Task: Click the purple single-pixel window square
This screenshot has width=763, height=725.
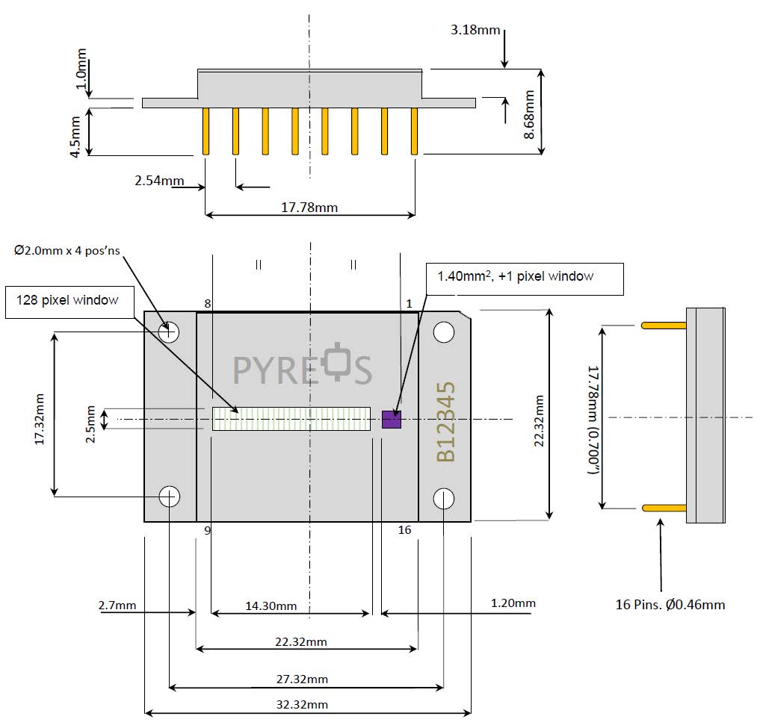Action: click(x=392, y=420)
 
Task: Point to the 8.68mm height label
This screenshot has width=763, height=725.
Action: click(x=529, y=114)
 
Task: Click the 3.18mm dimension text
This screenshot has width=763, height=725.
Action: click(x=475, y=31)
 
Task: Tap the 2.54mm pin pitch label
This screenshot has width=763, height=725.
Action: click(x=159, y=180)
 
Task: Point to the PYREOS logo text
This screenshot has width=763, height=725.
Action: click(x=303, y=367)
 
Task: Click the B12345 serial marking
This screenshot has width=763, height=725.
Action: click(x=445, y=422)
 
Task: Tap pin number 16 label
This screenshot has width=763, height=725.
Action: click(x=405, y=529)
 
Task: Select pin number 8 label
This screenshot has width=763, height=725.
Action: click(x=207, y=303)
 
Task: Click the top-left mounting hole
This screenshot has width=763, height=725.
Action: click(x=169, y=332)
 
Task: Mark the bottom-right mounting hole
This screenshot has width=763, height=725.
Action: click(x=444, y=497)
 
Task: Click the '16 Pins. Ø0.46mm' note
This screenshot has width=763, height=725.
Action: click(x=670, y=604)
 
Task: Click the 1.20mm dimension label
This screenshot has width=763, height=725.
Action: click(x=513, y=603)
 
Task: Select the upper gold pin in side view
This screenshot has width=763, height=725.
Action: click(x=663, y=325)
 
